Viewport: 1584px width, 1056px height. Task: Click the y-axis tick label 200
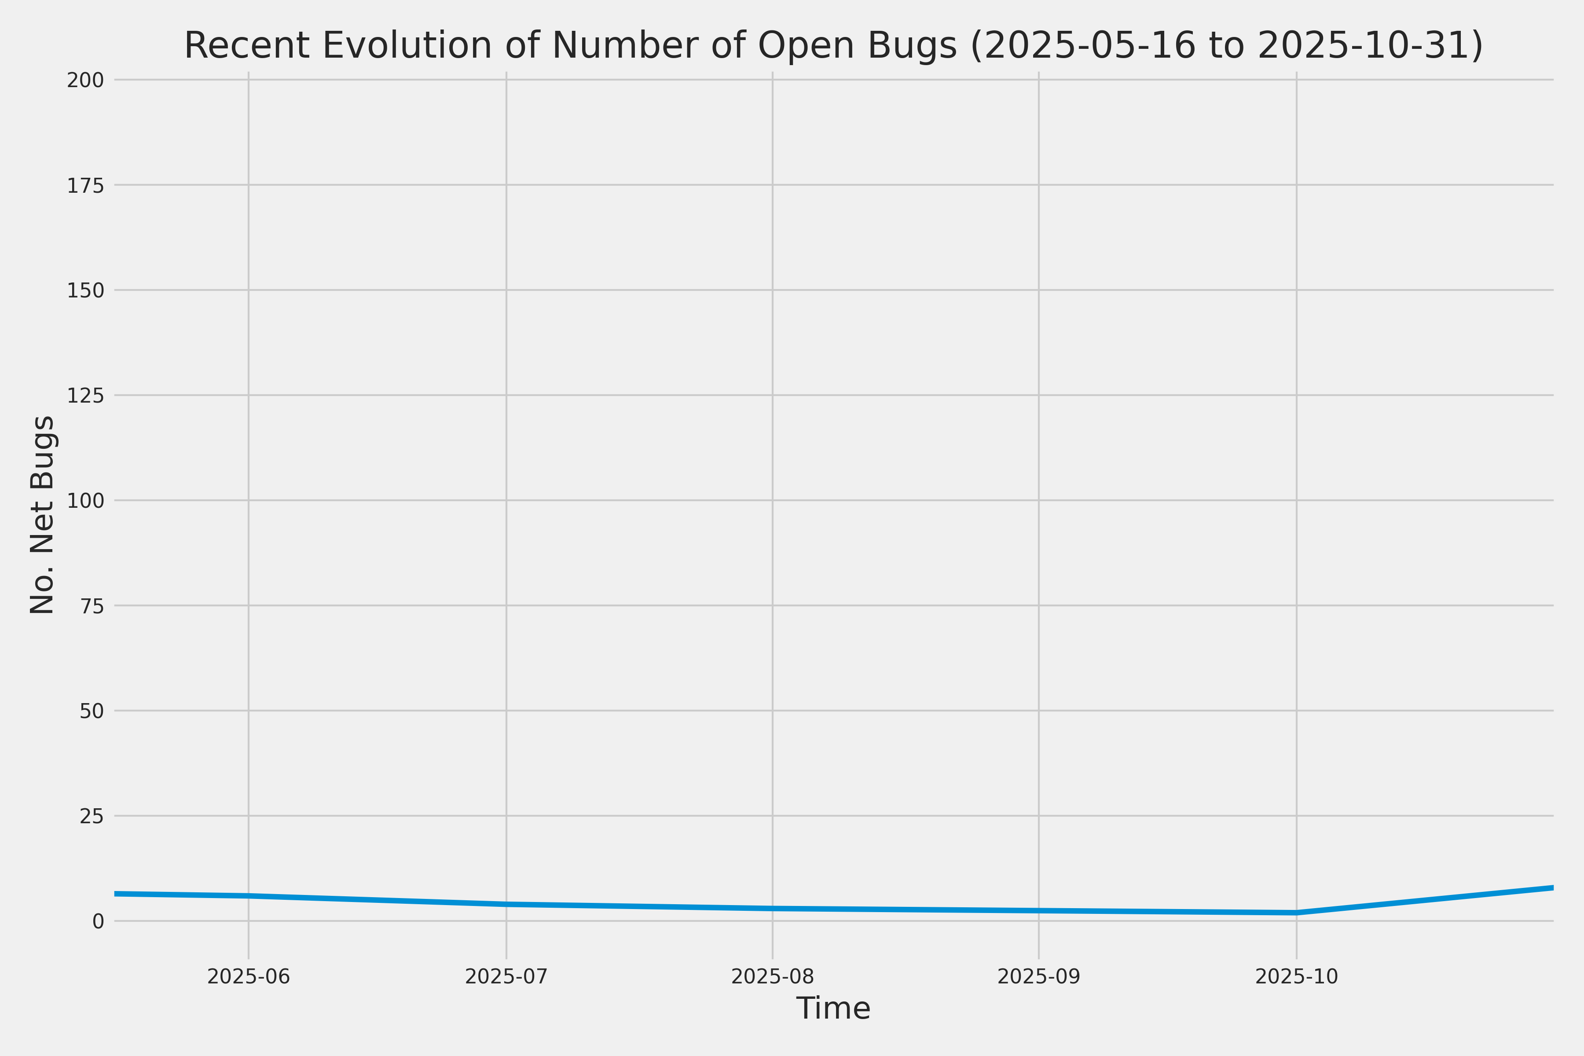tap(85, 80)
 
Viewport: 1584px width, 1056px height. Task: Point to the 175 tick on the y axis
tap(85, 185)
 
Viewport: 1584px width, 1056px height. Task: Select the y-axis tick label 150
tap(85, 290)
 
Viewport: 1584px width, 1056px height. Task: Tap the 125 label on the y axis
tap(85, 395)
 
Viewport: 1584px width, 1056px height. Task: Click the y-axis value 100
tap(85, 500)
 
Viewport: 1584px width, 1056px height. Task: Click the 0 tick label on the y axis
tap(98, 920)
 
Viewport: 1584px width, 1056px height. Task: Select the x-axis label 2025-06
tap(249, 976)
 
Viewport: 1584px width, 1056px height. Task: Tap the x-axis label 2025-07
tap(506, 976)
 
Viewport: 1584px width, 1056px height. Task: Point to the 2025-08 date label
tap(773, 976)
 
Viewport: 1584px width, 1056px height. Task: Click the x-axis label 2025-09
tap(1038, 976)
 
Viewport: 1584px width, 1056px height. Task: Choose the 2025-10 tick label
tap(1296, 976)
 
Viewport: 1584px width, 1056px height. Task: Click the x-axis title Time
tap(833, 1008)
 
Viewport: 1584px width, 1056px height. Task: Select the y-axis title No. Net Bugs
tap(42, 514)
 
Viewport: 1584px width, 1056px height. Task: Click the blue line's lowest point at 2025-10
tap(1296, 913)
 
